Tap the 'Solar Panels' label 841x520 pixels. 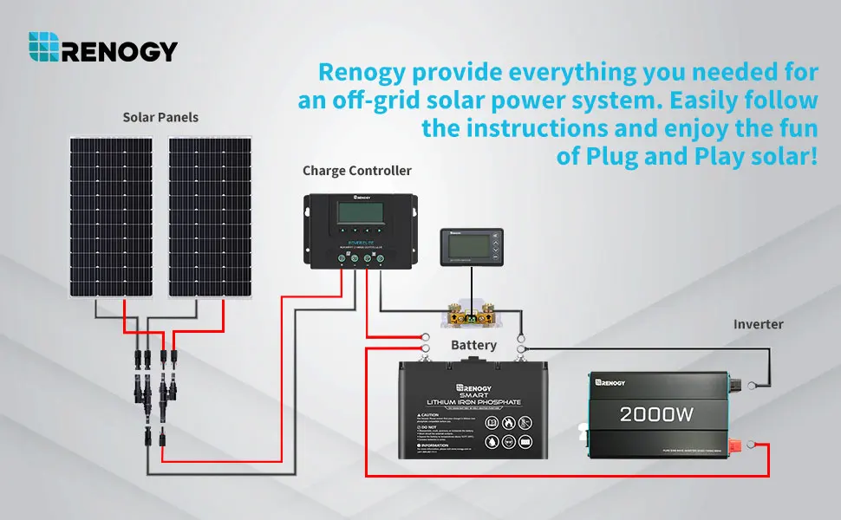(160, 117)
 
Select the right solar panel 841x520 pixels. (210, 217)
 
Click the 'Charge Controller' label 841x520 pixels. (357, 171)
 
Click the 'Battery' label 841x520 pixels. (473, 345)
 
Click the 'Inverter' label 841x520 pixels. (758, 324)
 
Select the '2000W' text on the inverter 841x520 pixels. (656, 414)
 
